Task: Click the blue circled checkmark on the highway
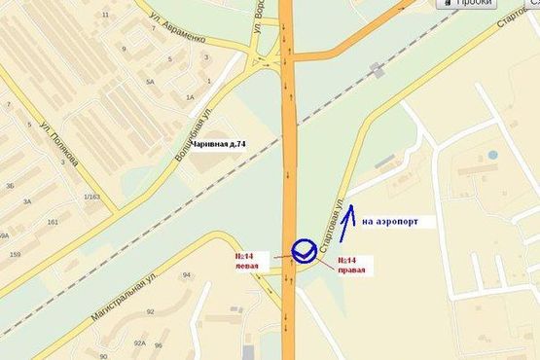tap(303, 250)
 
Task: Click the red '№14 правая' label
tap(351, 267)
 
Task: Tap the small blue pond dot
tap(492, 155)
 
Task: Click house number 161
tap(51, 222)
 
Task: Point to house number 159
tap(15, 255)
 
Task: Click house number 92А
tap(139, 343)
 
